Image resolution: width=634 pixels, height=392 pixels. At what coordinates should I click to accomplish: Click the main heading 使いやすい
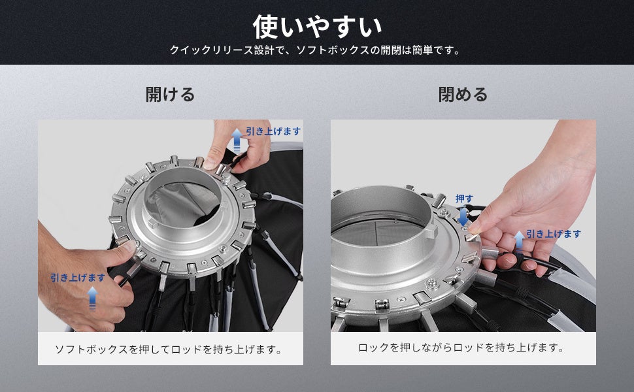point(317,27)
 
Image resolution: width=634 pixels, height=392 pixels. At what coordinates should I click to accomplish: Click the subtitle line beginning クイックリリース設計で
point(316,50)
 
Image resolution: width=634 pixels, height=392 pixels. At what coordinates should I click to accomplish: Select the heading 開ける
point(170,95)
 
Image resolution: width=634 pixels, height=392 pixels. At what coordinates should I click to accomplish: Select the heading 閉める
point(463,95)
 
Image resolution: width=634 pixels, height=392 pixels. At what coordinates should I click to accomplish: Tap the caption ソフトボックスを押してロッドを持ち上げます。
point(169,349)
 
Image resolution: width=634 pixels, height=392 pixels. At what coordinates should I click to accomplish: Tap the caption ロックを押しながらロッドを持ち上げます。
point(461,348)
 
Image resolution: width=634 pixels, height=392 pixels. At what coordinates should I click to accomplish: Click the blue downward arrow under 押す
point(463,217)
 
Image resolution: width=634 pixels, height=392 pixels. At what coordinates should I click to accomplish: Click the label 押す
point(464,199)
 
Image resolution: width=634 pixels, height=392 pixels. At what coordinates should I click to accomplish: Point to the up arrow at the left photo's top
point(237,140)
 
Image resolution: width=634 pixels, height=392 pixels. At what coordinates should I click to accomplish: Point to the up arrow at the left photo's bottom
point(92,298)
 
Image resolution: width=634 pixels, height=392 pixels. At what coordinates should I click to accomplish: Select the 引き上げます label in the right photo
point(554,234)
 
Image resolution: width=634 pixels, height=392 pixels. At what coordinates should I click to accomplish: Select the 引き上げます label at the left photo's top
point(273,131)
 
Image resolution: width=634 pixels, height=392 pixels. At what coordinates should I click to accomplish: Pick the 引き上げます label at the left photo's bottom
point(78,278)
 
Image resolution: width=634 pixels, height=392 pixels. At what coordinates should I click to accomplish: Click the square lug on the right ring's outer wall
point(431,231)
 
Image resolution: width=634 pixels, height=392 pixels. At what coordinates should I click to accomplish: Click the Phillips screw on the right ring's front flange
point(432,284)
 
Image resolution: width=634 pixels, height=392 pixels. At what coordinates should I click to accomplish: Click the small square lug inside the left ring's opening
point(152,222)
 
